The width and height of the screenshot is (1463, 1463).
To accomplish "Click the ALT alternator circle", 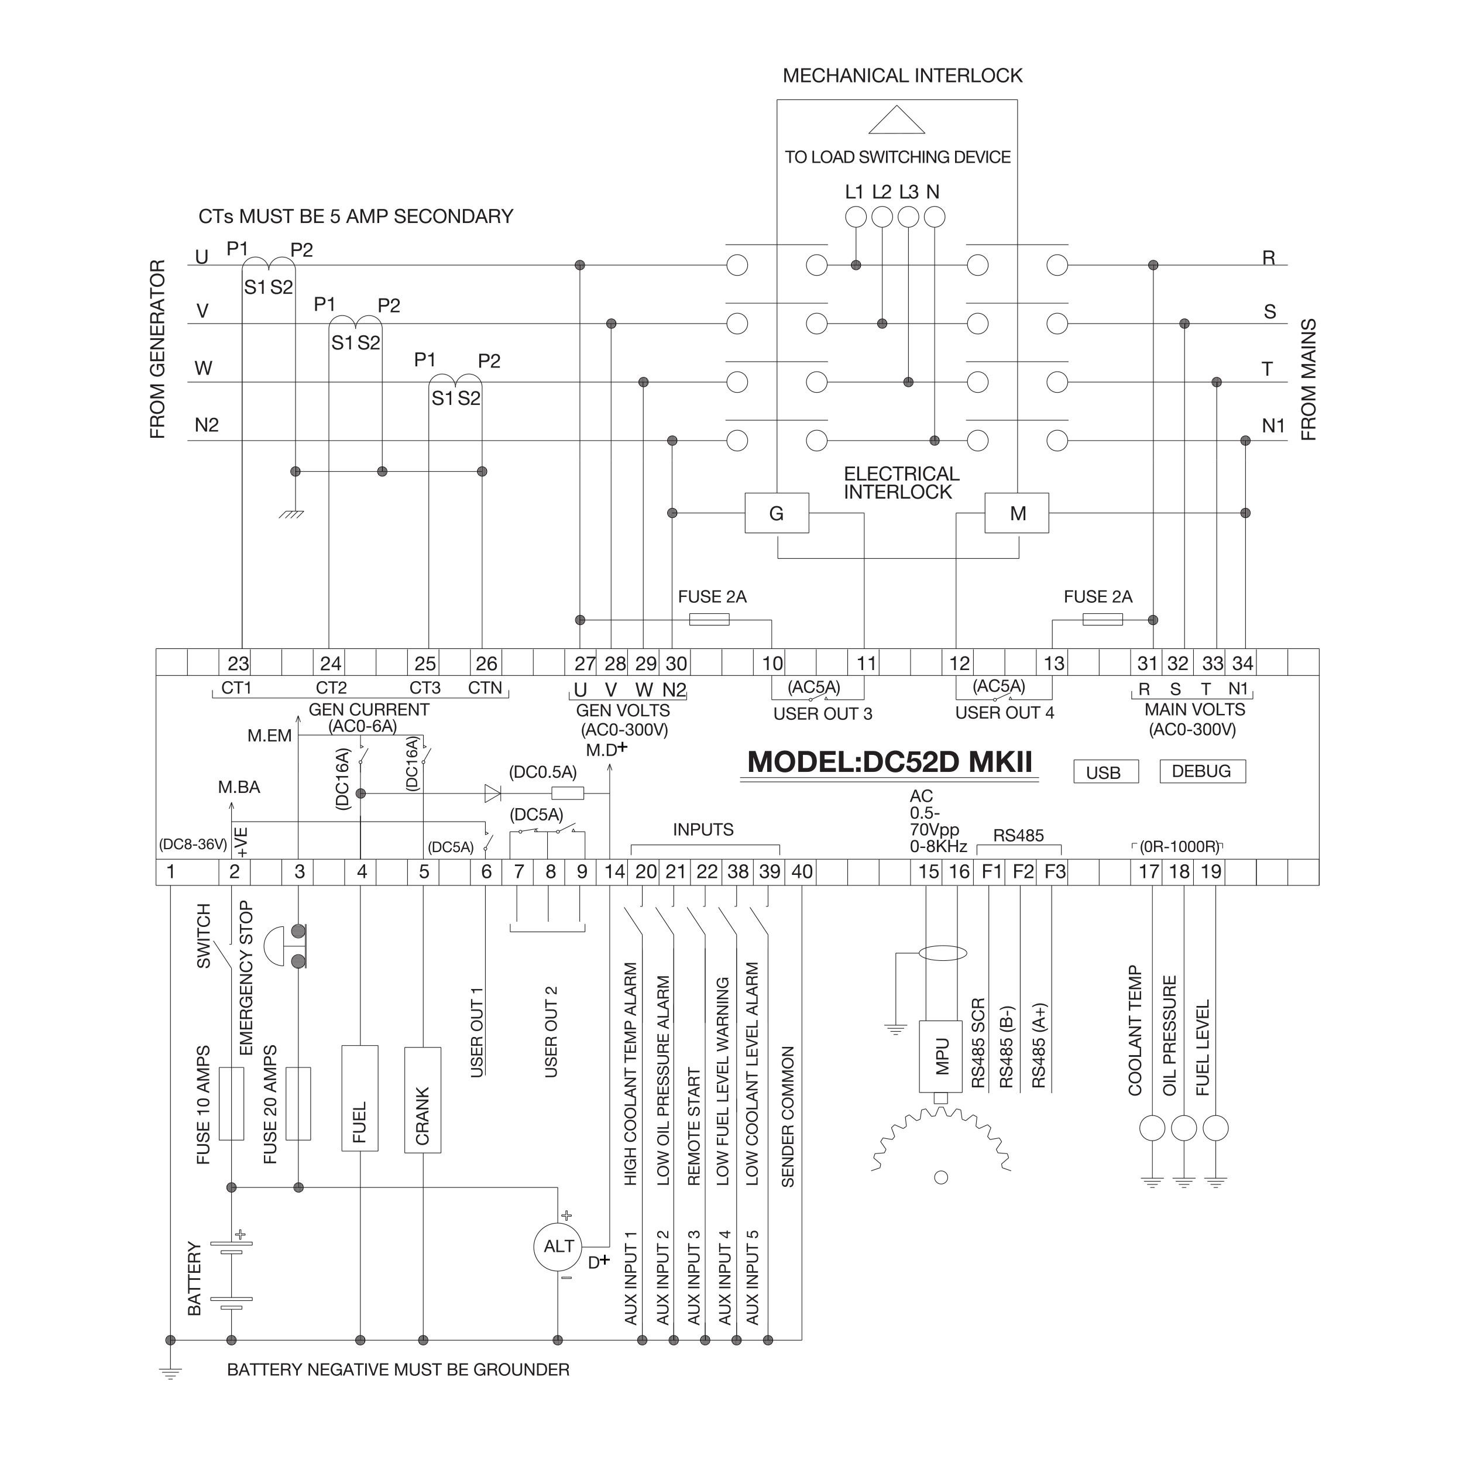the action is click(x=559, y=1246).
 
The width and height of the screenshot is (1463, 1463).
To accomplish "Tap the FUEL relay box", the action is click(x=360, y=1099).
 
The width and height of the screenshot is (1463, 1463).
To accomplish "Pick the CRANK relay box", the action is click(x=423, y=1100).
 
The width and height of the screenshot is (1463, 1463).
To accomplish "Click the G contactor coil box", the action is click(x=777, y=513).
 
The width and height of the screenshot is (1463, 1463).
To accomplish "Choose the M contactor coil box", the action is click(x=1017, y=513).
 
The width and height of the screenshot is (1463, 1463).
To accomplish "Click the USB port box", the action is click(x=1105, y=772).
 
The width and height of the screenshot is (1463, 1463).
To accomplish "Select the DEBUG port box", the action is click(x=1203, y=771).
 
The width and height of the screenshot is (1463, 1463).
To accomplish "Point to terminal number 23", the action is click(x=238, y=664).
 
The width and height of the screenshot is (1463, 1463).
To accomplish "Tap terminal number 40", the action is click(x=802, y=871).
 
